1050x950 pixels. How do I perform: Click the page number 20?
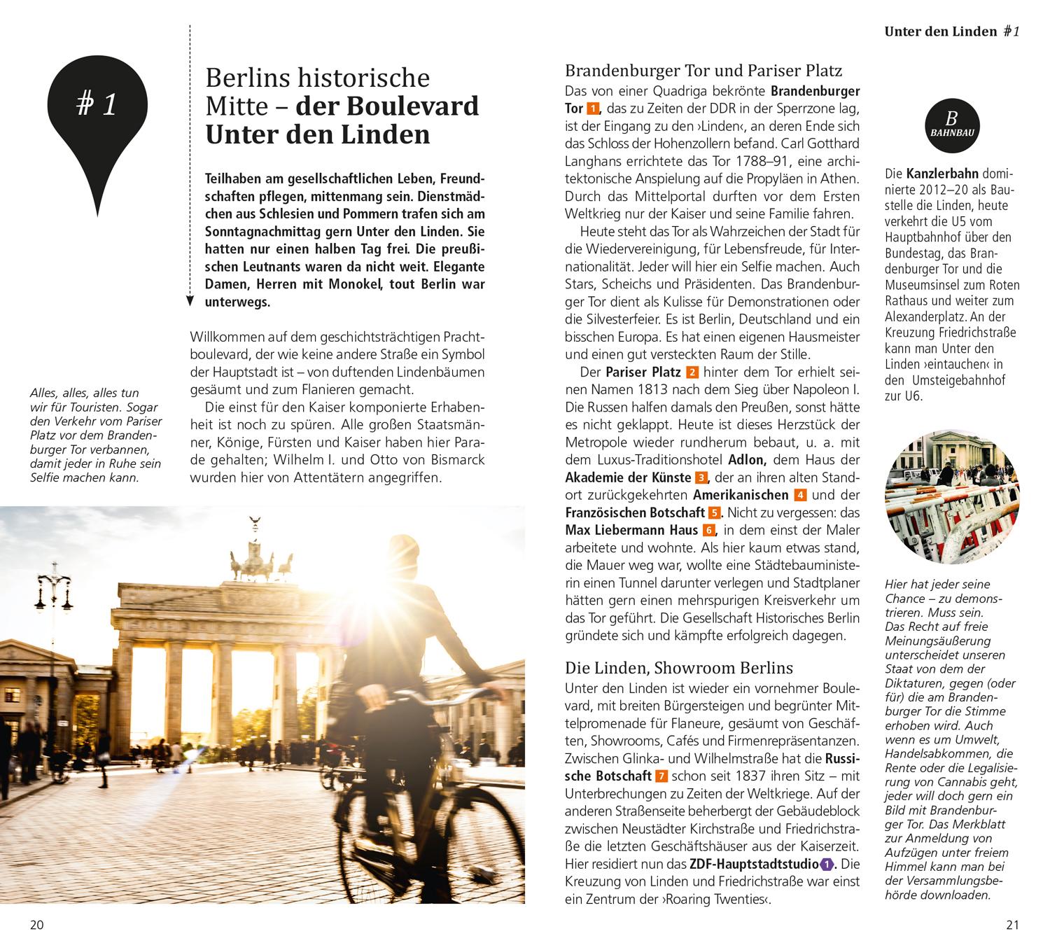pos(36,925)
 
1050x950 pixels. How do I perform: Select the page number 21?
pos(1012,925)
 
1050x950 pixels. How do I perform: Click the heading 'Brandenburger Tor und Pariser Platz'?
pos(703,71)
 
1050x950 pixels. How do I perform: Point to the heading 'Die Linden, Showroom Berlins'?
pos(679,668)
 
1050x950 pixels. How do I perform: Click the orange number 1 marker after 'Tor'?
pos(592,109)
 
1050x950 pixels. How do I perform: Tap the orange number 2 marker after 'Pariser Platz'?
pos(693,372)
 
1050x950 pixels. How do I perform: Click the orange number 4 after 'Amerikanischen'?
pos(801,496)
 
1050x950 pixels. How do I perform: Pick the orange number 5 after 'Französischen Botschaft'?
pos(714,513)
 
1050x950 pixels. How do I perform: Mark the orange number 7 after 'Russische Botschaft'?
pos(661,776)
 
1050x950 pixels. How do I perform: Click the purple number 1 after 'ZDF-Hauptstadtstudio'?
pos(827,864)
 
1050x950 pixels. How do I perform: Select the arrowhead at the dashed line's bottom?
pos(190,302)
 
